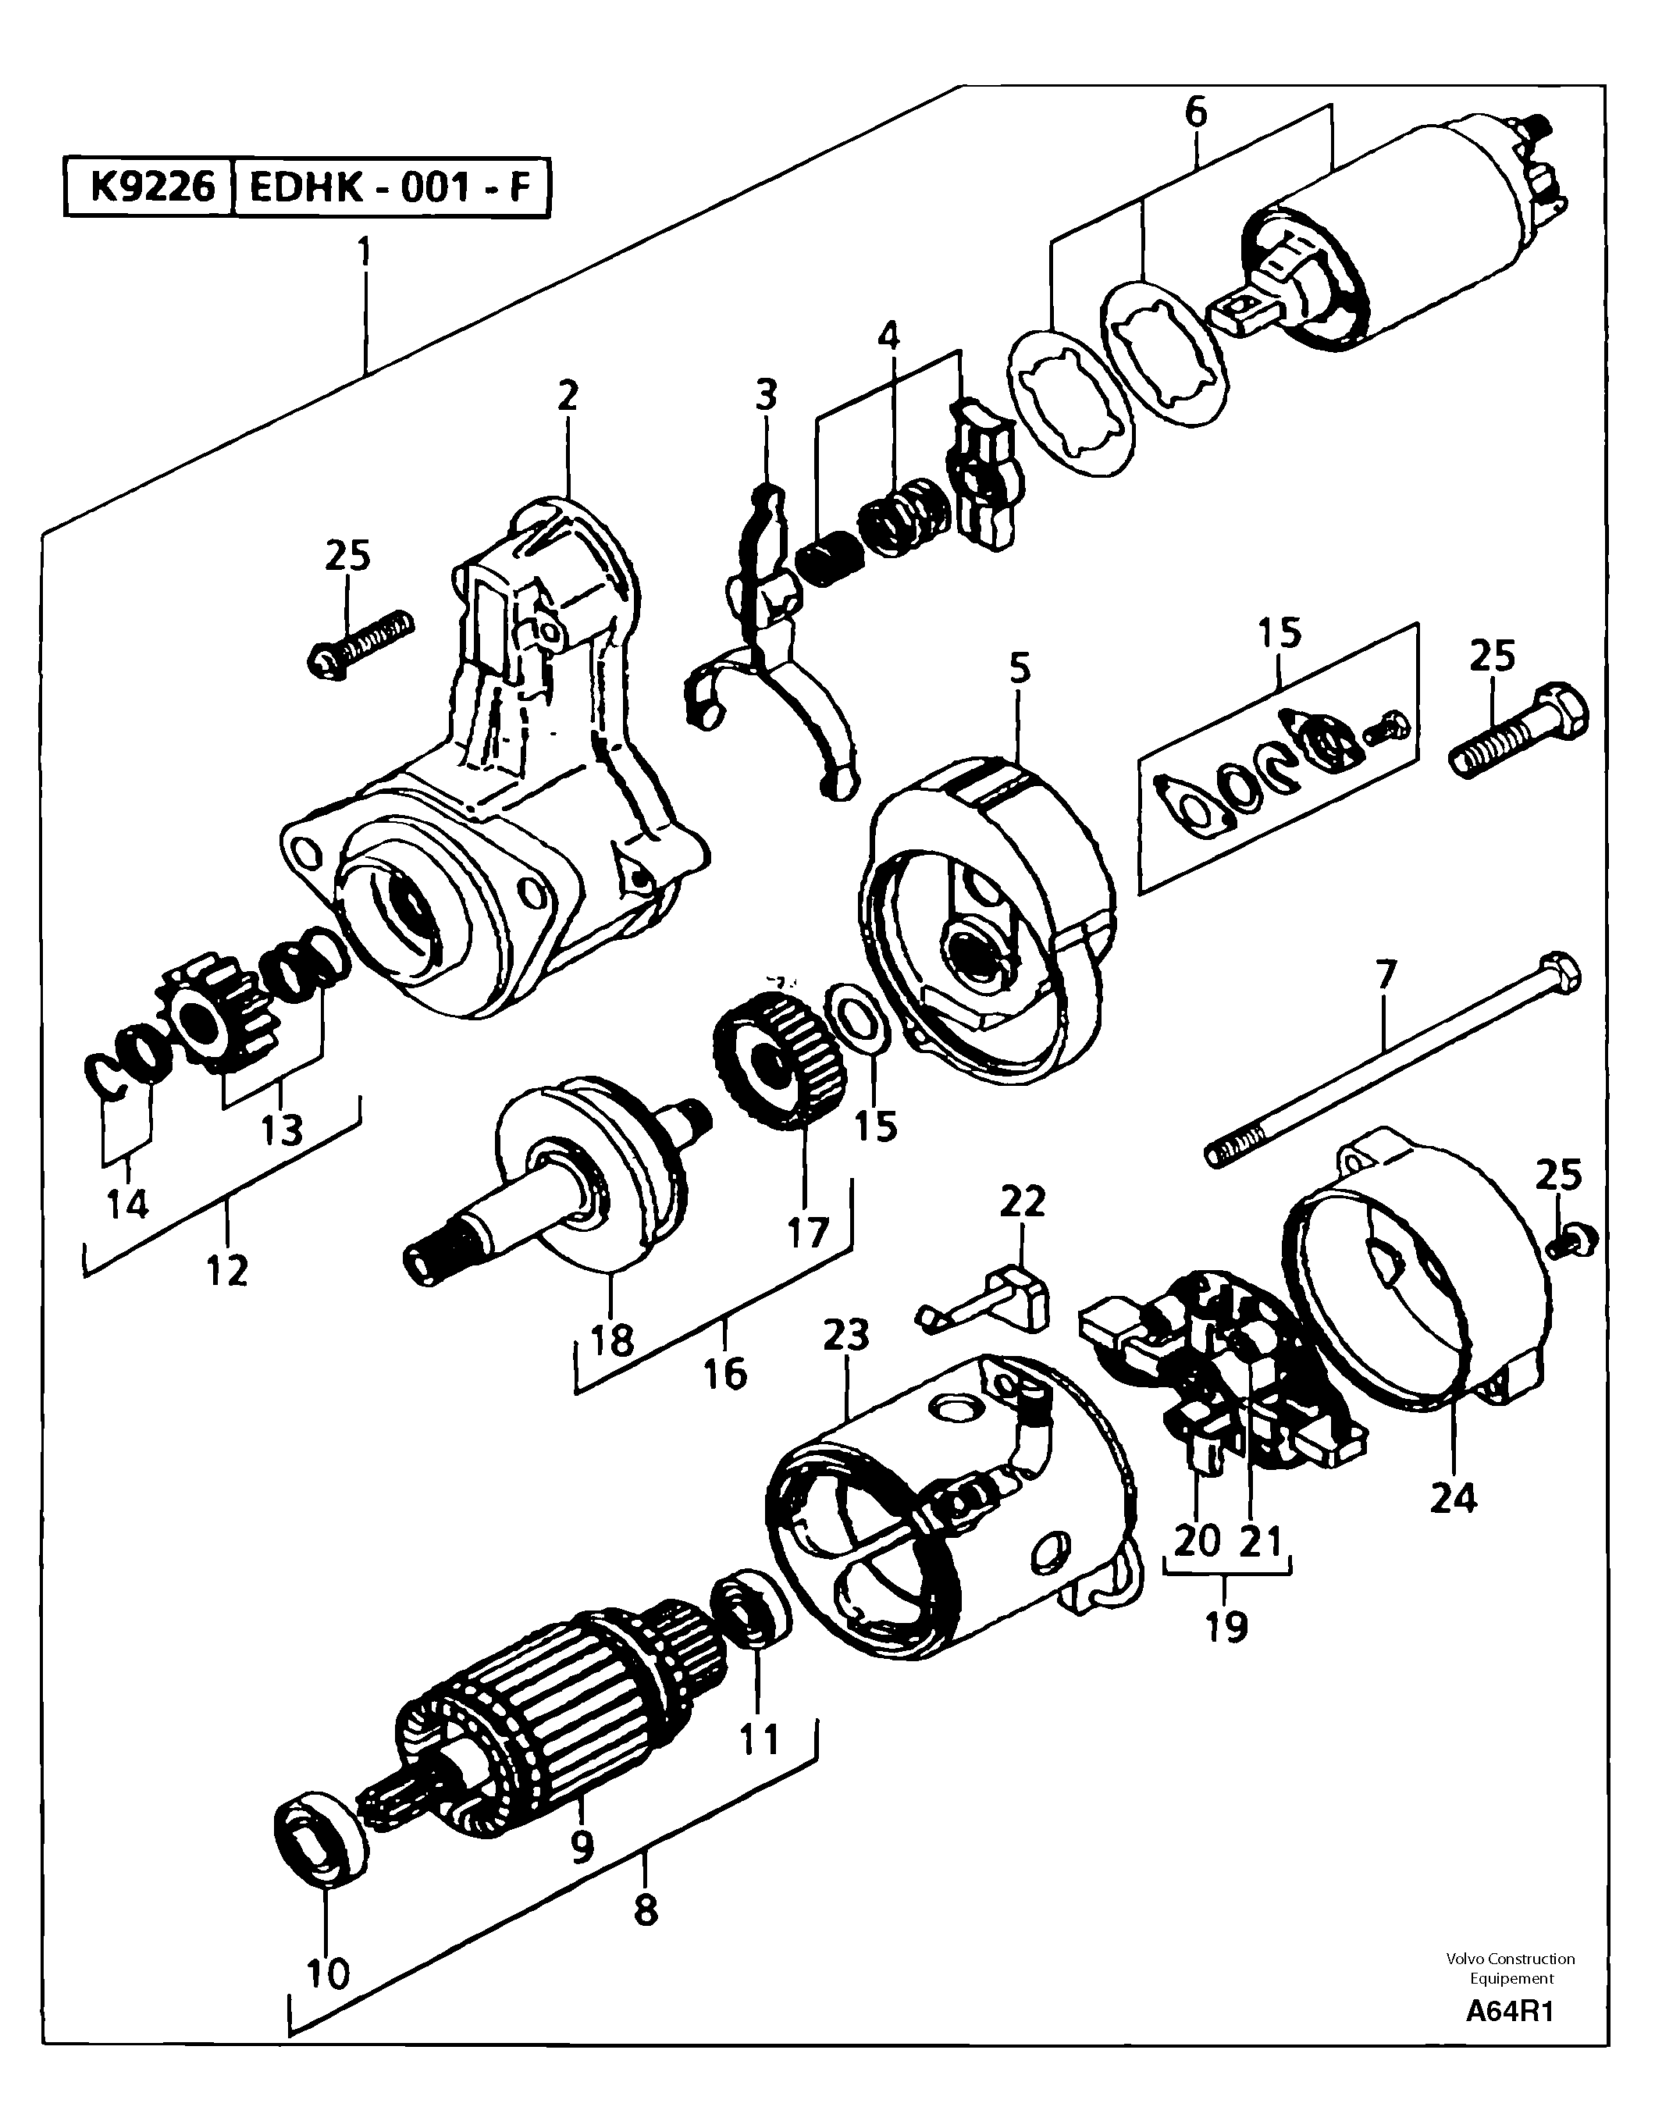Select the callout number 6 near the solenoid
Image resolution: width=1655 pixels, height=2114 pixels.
pos(1196,112)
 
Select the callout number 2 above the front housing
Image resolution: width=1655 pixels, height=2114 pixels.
pos(567,395)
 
